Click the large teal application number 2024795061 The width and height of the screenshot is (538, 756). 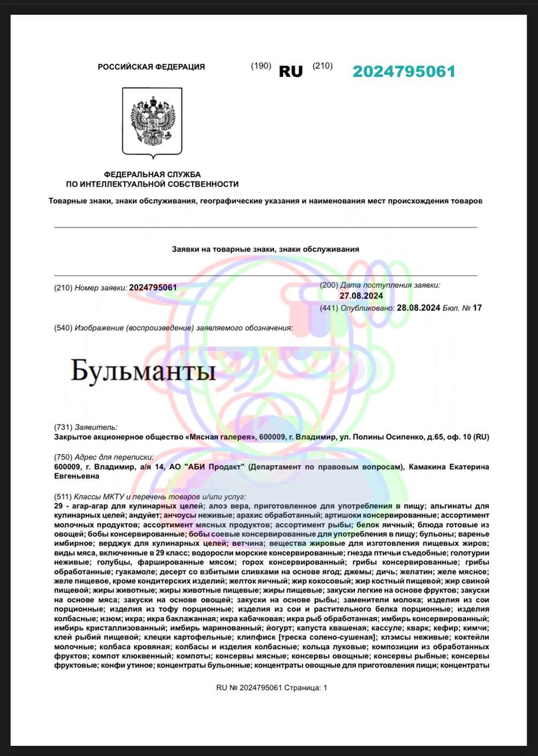pyautogui.click(x=404, y=71)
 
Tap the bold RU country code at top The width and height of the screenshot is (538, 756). pyautogui.click(x=291, y=72)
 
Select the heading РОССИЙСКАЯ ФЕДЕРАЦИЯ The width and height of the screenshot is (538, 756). pyautogui.click(x=151, y=67)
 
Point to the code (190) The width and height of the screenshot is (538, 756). pyautogui.click(x=260, y=66)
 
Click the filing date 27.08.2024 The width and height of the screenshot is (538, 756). pyautogui.click(x=361, y=296)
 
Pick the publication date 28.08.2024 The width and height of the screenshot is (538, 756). pyautogui.click(x=418, y=308)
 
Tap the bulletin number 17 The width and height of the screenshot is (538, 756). pyautogui.click(x=478, y=308)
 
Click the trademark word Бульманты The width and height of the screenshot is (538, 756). pyautogui.click(x=143, y=371)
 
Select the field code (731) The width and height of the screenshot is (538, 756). pyautogui.click(x=63, y=427)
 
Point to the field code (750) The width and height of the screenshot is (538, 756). pyautogui.click(x=63, y=457)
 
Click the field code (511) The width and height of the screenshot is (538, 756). pyautogui.click(x=63, y=497)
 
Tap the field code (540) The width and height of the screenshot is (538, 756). pyautogui.click(x=63, y=328)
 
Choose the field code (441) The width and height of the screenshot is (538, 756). pyautogui.click(x=328, y=308)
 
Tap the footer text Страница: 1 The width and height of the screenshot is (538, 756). pyautogui.click(x=306, y=687)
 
